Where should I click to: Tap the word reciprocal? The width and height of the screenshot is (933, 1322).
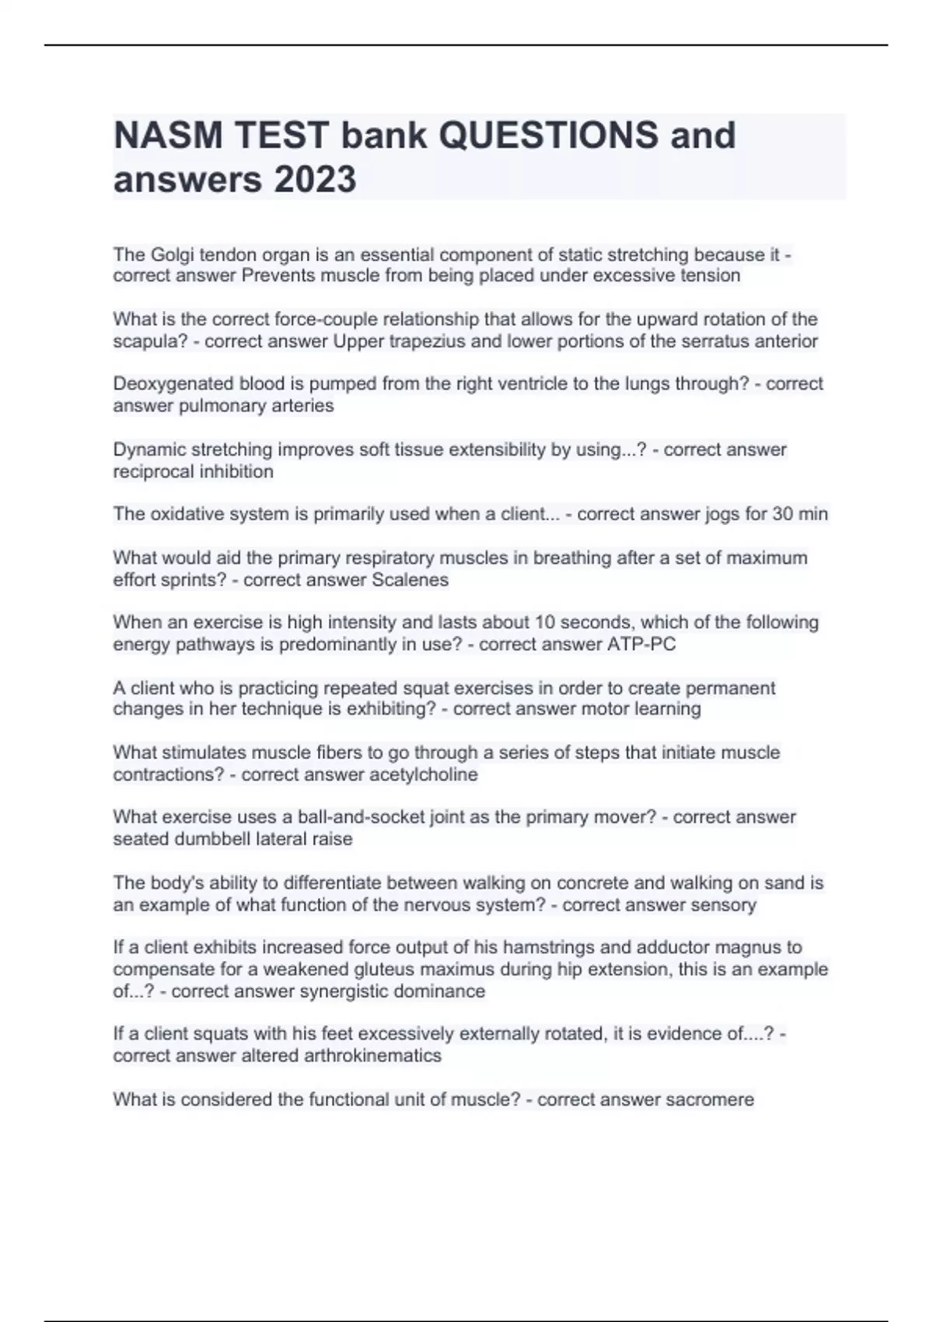pyautogui.click(x=150, y=472)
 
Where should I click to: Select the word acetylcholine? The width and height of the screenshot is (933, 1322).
pyautogui.click(x=424, y=775)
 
